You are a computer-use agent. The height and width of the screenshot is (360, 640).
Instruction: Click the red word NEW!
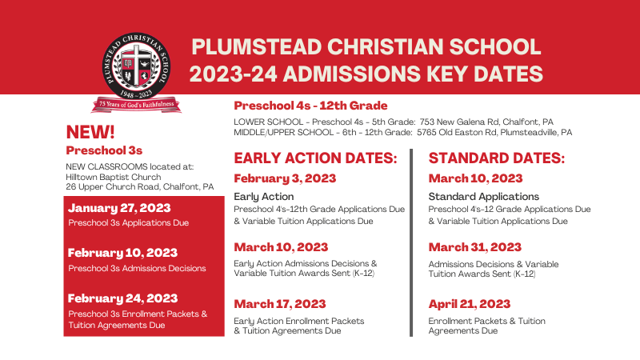click(x=90, y=132)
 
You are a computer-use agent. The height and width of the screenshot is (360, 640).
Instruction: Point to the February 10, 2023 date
click(x=122, y=253)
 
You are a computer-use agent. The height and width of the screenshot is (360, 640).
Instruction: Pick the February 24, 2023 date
click(x=122, y=298)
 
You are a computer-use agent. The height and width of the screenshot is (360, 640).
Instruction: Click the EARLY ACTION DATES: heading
click(x=314, y=158)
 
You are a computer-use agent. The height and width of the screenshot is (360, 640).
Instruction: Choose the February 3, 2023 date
click(x=285, y=178)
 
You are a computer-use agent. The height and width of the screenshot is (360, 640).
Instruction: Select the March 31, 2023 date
click(x=475, y=247)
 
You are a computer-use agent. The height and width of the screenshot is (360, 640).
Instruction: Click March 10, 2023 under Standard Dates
click(x=475, y=178)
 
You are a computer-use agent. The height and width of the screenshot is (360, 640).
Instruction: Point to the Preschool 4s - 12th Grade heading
click(x=310, y=106)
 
